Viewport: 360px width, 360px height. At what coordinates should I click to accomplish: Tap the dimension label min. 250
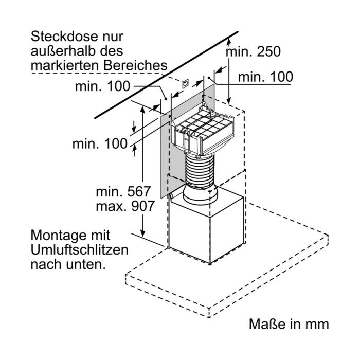pos(253,51)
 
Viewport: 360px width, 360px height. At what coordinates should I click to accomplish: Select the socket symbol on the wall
pos(185,84)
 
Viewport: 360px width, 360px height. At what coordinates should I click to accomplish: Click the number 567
pos(139,191)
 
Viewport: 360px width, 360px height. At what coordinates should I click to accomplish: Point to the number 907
pos(142,206)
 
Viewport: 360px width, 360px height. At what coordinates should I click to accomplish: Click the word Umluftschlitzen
pos(79,250)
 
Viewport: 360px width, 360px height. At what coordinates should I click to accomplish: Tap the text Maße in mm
pos(289,323)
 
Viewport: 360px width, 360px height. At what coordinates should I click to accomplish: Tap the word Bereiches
pos(135,66)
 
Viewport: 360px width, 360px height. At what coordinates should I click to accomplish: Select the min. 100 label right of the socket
pos(265,77)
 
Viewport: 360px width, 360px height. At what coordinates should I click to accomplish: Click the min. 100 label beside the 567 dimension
pos(100,143)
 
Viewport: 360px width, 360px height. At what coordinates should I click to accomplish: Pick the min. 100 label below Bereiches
pos(103,86)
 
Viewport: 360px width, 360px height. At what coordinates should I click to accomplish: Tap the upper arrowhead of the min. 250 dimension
pos(229,43)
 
